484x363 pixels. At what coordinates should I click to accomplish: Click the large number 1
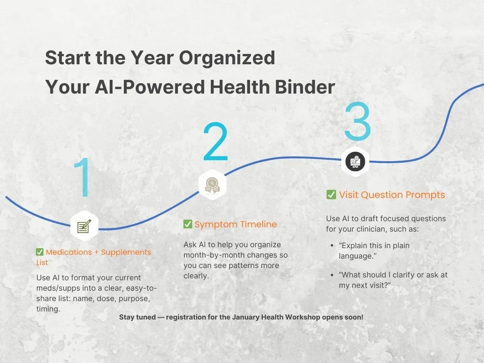click(84, 178)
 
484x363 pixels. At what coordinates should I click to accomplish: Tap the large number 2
click(216, 142)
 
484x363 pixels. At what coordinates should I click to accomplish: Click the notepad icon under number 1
click(84, 226)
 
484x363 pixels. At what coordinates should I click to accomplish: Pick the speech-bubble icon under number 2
click(212, 185)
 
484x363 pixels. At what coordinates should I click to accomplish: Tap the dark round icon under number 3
click(354, 162)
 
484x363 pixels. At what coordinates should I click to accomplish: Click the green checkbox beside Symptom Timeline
click(188, 224)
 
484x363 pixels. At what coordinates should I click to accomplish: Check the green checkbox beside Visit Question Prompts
click(331, 195)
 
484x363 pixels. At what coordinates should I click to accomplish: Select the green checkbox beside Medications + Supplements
click(40, 252)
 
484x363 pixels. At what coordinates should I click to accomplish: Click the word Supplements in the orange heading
click(127, 252)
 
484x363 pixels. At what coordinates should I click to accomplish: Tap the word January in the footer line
click(247, 317)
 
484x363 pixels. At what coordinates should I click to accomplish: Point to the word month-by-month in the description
click(209, 255)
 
